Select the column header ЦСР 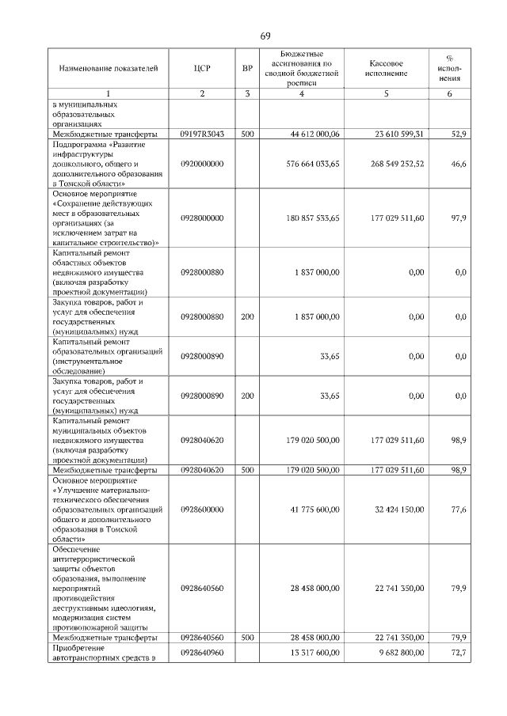click(202, 69)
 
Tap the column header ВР click(247, 69)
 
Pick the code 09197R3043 click(202, 134)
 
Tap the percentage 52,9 click(458, 134)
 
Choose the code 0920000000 click(202, 164)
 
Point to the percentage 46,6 click(458, 164)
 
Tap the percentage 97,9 click(458, 218)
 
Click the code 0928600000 click(202, 510)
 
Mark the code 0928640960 click(202, 653)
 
